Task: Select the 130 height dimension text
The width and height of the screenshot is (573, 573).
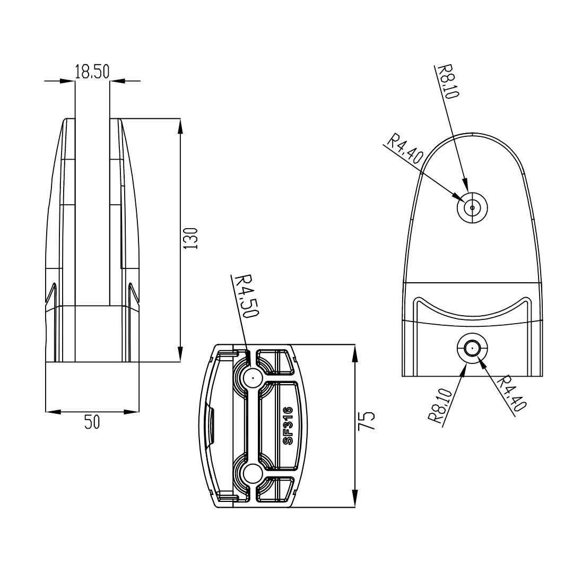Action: tap(190, 238)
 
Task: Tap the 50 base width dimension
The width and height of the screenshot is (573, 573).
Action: tap(92, 422)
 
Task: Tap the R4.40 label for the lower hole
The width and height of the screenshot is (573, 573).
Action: tap(513, 393)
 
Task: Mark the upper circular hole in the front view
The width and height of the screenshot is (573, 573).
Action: tap(472, 207)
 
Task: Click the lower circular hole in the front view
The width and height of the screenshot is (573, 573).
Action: tap(472, 349)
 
